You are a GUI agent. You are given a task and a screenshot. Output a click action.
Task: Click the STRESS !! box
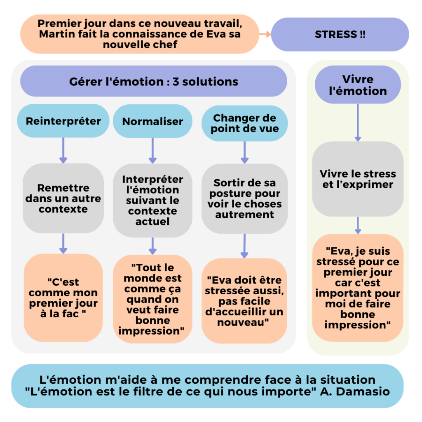coord(340,35)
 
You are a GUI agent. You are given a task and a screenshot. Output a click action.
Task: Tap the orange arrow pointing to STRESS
coord(265,34)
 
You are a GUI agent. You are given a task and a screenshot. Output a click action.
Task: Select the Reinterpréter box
coord(63,121)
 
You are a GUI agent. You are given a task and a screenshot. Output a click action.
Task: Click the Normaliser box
coord(152,121)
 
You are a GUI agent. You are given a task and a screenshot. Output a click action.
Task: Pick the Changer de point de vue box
coord(245,123)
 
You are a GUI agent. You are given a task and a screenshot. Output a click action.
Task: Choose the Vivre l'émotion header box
coord(358,85)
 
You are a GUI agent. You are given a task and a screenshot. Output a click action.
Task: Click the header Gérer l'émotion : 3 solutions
coord(154,81)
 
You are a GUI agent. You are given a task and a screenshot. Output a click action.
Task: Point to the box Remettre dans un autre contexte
coord(63,198)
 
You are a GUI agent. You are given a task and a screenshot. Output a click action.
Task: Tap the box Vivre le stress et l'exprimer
coord(358,179)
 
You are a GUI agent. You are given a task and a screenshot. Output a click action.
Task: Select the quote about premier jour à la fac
coord(63,298)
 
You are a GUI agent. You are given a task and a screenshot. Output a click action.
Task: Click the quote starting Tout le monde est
coord(152,299)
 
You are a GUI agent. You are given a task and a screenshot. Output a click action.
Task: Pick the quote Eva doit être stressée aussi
coord(244,301)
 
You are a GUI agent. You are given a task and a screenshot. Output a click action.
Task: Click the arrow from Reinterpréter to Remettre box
coord(63,150)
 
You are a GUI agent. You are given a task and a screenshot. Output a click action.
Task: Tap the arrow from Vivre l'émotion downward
coord(358,123)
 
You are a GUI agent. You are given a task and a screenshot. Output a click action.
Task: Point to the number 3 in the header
coord(176,82)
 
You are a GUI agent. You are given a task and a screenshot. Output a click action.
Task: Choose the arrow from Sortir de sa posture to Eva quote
coord(244,246)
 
